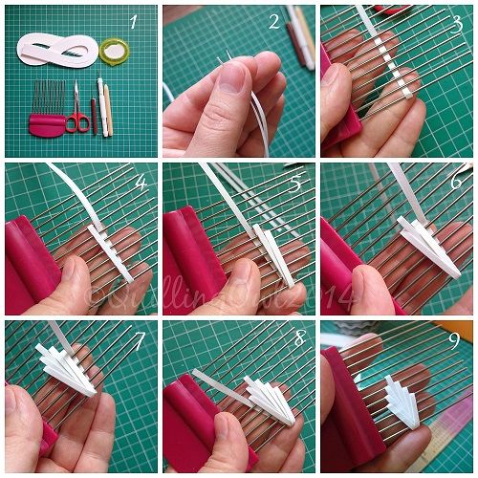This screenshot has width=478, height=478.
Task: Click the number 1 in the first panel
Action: coord(135,20)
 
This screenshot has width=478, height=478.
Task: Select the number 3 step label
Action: coord(455,20)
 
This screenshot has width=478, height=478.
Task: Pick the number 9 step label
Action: coord(455,337)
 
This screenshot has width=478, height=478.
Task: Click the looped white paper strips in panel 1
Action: coord(57,50)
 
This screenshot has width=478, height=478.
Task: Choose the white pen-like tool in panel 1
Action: coord(106,110)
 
